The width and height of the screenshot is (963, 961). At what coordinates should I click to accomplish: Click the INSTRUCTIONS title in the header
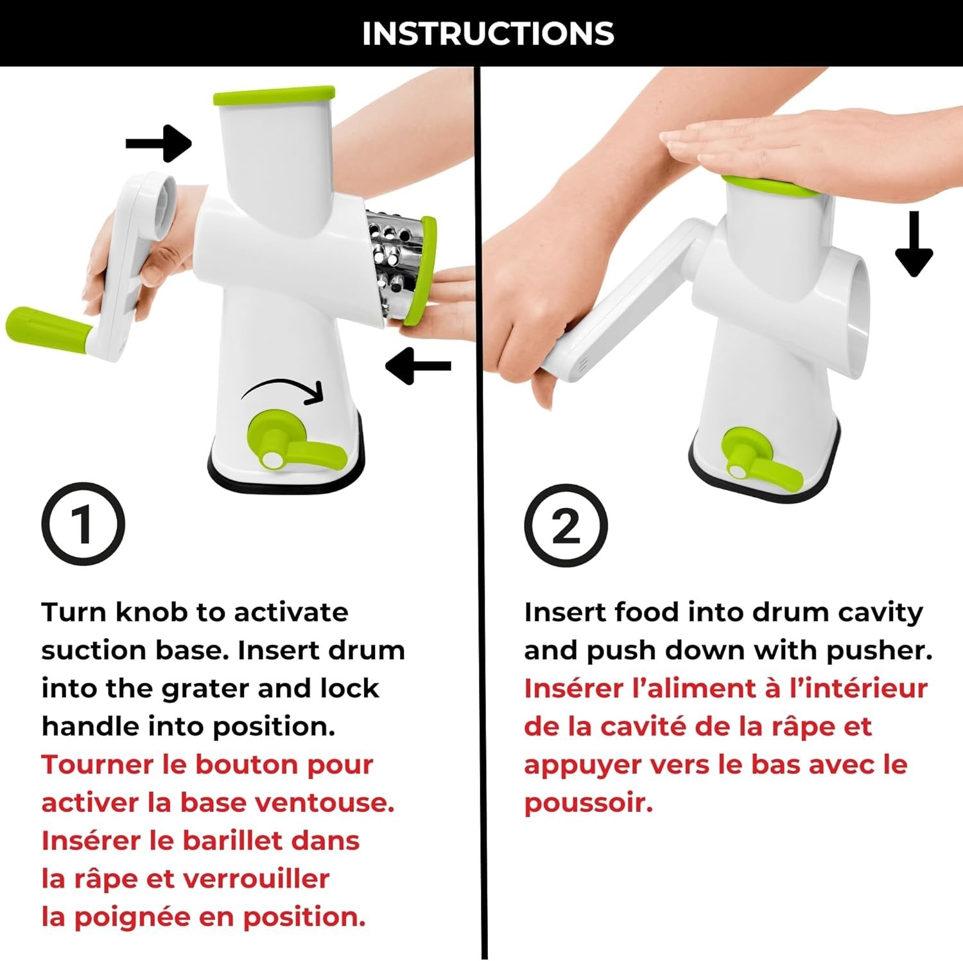[488, 33]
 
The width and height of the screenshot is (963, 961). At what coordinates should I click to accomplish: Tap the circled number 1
[83, 524]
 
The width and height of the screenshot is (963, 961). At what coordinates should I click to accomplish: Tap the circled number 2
[566, 525]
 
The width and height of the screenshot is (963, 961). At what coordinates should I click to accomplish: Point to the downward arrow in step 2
[914, 244]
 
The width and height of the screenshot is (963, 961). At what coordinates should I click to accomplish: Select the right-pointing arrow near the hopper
[159, 143]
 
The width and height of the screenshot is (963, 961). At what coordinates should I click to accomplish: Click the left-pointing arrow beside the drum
[418, 366]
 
